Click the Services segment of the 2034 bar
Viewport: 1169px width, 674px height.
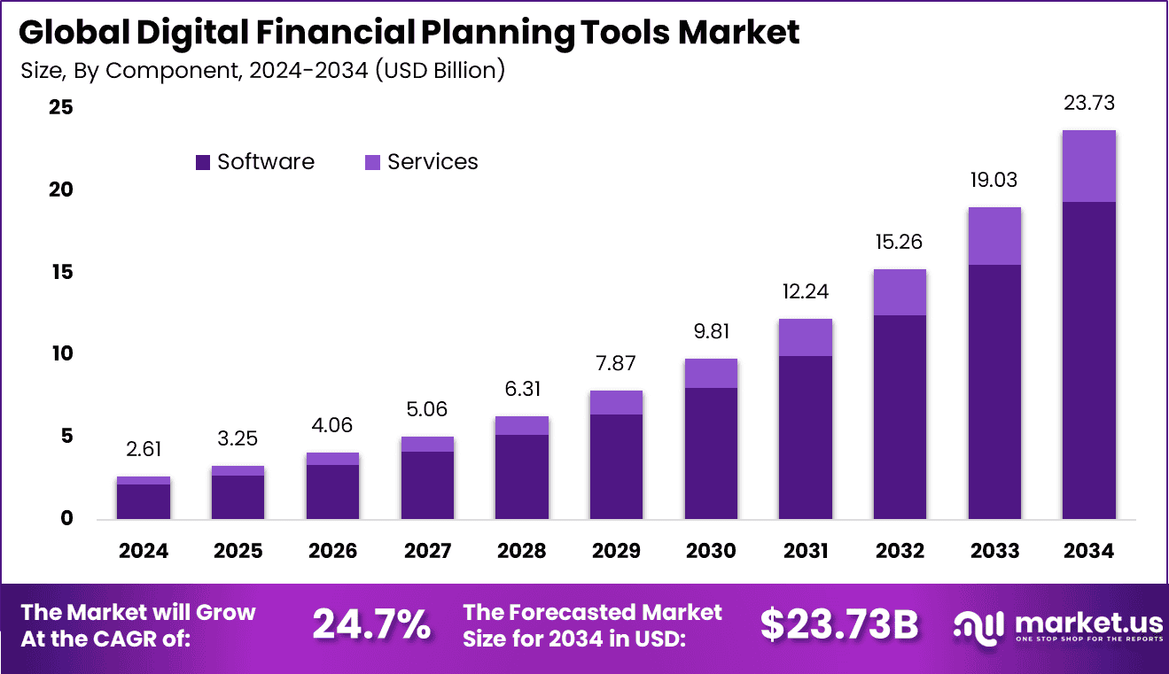tap(1088, 167)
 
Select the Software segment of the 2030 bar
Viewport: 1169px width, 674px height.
tap(710, 453)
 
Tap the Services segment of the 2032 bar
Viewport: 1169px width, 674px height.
tap(900, 292)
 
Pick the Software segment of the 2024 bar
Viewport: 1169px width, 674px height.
tap(143, 501)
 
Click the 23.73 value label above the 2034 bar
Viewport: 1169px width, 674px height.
tap(1088, 103)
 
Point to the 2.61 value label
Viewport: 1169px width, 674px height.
tap(143, 449)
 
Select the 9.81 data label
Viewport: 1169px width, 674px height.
tap(710, 331)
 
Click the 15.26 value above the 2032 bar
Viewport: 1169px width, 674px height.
tap(900, 242)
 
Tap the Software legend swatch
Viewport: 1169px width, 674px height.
tap(203, 162)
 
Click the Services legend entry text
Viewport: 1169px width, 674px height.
tap(433, 162)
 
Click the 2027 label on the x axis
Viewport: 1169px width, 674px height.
tap(427, 551)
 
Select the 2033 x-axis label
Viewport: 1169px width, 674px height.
tap(994, 551)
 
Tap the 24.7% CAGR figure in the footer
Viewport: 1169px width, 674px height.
tap(371, 625)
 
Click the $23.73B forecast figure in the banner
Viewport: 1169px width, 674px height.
tap(838, 625)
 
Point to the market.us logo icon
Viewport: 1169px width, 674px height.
tap(979, 625)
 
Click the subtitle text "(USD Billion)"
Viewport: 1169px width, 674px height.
tap(440, 71)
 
